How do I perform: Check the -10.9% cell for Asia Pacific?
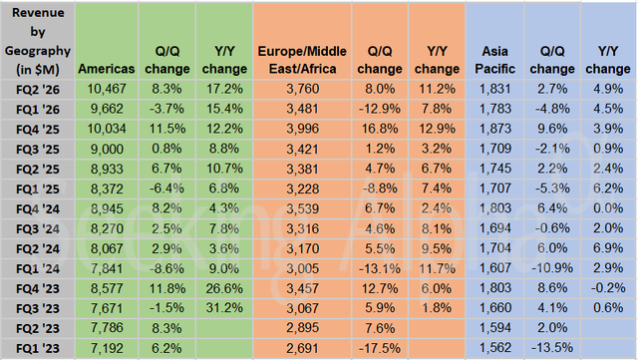point(553,270)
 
